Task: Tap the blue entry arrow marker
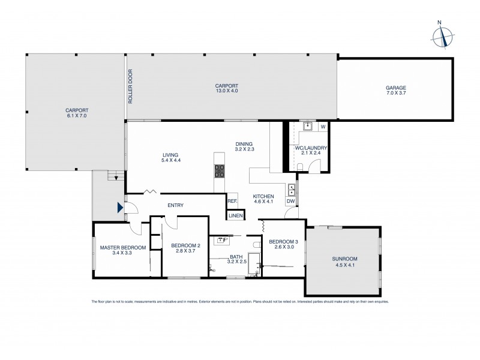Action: pos(120,208)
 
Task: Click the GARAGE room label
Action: pos(395,88)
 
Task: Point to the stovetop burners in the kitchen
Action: pos(219,171)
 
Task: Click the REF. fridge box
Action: pos(232,201)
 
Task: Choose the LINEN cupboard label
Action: pos(235,215)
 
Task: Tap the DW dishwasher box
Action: pos(290,201)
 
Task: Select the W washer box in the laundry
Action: pos(323,127)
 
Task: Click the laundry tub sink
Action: pos(307,126)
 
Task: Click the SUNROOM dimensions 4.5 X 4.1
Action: pos(344,265)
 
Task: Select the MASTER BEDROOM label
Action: pos(122,247)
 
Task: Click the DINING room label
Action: pos(244,143)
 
